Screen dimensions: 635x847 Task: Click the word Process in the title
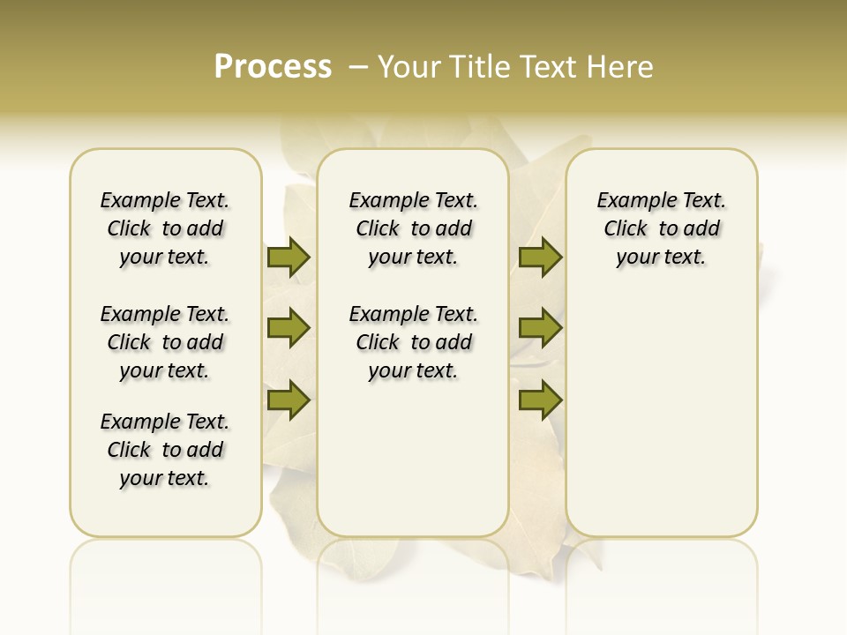pos(273,66)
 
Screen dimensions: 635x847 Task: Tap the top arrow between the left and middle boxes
pos(289,257)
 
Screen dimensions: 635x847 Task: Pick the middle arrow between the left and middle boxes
pos(289,328)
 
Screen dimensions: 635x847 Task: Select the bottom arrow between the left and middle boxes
pos(289,400)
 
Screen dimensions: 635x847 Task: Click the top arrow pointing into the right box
pos(540,257)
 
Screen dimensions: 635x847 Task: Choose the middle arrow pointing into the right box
pos(540,328)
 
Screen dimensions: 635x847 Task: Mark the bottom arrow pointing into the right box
pos(540,400)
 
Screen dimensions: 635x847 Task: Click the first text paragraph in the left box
pos(165,228)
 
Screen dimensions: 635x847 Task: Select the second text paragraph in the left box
pos(165,342)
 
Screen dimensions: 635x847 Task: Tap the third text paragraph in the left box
pos(165,450)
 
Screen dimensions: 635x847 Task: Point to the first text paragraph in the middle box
pos(413,228)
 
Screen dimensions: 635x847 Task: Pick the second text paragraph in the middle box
pos(413,342)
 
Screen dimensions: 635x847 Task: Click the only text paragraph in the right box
pos(661,228)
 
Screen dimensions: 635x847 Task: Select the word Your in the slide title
pos(409,66)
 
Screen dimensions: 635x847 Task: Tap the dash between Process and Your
pos(357,66)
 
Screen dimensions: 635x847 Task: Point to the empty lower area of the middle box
pos(413,459)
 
